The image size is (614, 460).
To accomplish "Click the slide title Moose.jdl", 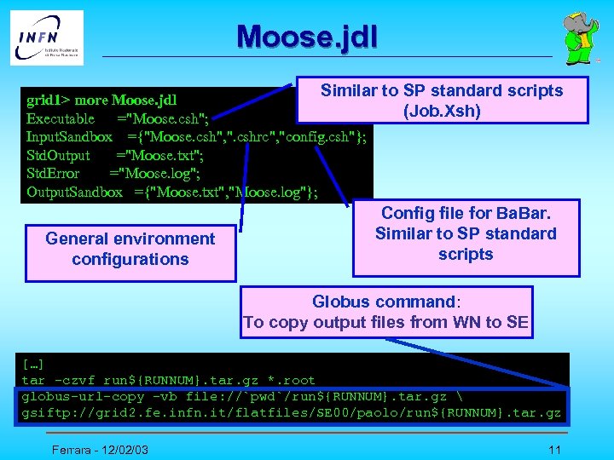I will click(306, 37).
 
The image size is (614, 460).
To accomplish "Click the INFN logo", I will click(47, 37).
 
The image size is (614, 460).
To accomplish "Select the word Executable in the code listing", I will click(61, 118).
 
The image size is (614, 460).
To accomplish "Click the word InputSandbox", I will click(69, 136).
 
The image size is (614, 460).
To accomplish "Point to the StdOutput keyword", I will click(58, 155).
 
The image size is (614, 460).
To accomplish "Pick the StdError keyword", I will click(53, 174).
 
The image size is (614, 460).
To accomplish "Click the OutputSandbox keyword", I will click(74, 193).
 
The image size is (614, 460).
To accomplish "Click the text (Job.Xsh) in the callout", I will click(442, 111).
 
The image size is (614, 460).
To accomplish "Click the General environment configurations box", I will click(130, 249).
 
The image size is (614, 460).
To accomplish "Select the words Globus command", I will click(384, 302).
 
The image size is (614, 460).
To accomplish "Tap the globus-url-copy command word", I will click(77, 397).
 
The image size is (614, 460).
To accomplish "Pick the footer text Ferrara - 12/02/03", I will click(98, 449).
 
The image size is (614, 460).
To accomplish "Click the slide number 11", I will click(554, 449).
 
